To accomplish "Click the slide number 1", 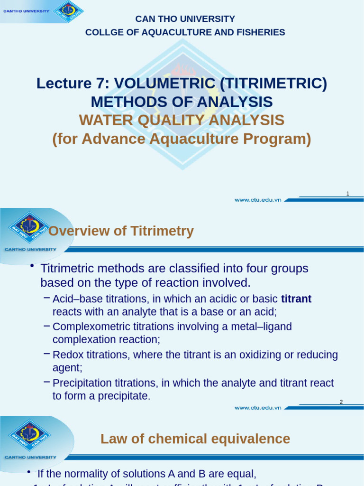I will point(348,194).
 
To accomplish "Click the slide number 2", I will point(341,402).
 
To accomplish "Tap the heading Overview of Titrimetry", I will point(121,231).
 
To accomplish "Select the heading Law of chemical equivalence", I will point(195,439).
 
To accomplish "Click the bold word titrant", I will point(296,299).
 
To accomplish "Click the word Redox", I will point(68,355).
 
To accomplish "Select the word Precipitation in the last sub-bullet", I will point(81,383).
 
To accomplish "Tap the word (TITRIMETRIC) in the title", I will point(273,84).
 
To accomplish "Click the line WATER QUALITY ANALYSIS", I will point(182,121).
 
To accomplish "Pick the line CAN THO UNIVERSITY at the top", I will point(185,19).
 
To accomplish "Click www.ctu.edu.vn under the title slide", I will point(258,200).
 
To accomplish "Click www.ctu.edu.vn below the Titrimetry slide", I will point(258,408).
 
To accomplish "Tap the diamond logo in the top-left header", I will point(69,11).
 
